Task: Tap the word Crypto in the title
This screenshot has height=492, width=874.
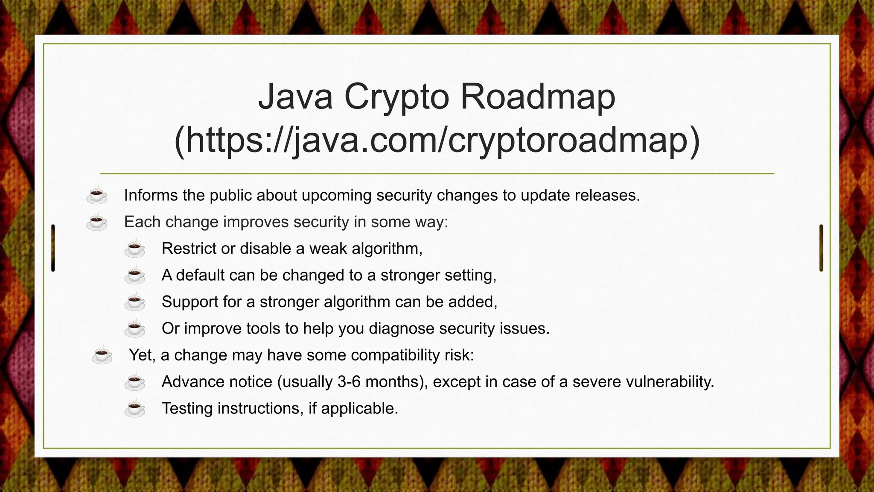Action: click(x=396, y=97)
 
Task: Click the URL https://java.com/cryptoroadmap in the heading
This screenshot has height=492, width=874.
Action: click(x=437, y=141)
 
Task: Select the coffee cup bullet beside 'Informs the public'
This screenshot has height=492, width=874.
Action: click(x=97, y=195)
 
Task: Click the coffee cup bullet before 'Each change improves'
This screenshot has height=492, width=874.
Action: click(x=97, y=222)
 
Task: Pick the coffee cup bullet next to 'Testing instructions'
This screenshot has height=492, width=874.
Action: click(x=135, y=408)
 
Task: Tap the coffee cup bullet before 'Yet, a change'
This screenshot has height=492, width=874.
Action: click(x=102, y=355)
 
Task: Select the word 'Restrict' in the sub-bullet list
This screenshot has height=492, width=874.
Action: click(x=189, y=248)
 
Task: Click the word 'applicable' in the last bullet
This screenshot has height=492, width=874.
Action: click(x=358, y=408)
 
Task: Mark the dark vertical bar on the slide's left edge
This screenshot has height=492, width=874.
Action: click(x=53, y=248)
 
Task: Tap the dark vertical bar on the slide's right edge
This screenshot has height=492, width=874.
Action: click(x=821, y=248)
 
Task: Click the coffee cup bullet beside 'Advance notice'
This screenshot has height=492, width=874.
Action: click(x=135, y=381)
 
